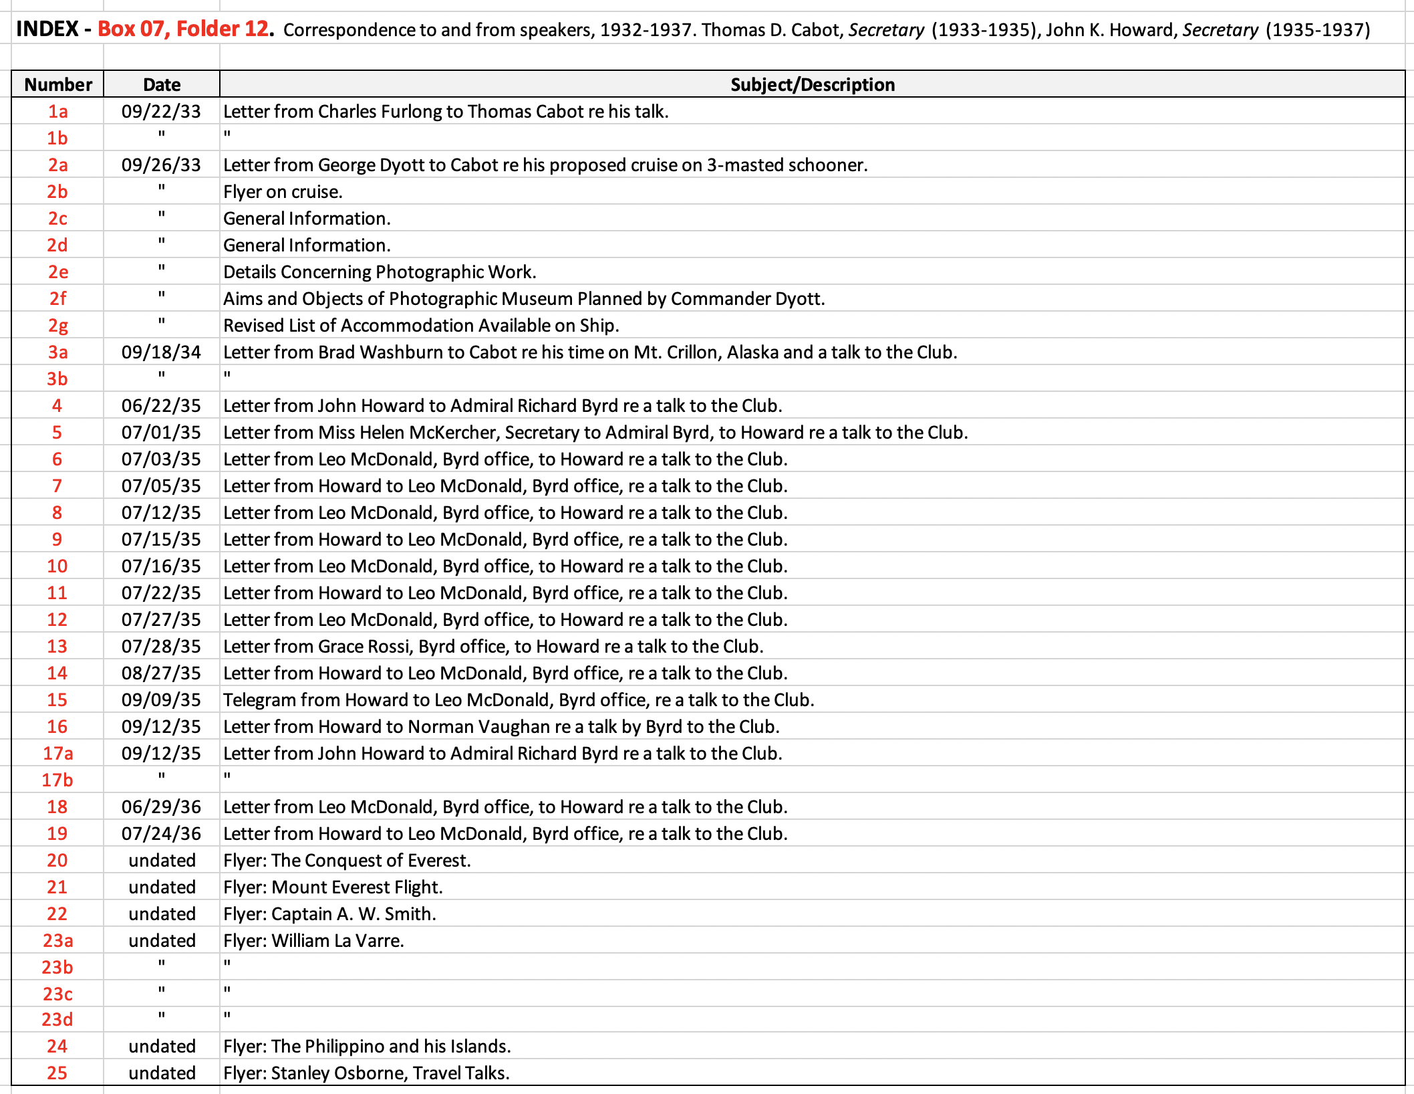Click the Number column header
[x=58, y=85]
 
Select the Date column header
[x=162, y=85]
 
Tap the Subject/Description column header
[x=812, y=85]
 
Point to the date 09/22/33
[x=161, y=112]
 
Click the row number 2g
[x=58, y=326]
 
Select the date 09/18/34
[x=161, y=352]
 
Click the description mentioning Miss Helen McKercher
[x=595, y=433]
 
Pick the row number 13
[x=57, y=647]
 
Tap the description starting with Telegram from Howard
[x=519, y=700]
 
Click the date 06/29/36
[x=161, y=807]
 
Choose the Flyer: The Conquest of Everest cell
[x=347, y=861]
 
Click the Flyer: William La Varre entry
[x=313, y=941]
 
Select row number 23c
[x=58, y=994]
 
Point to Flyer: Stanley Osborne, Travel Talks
[x=366, y=1073]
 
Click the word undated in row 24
[x=162, y=1047]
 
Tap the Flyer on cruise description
[x=283, y=192]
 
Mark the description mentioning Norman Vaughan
[x=501, y=727]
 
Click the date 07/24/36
[x=161, y=834]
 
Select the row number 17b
[x=57, y=780]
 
